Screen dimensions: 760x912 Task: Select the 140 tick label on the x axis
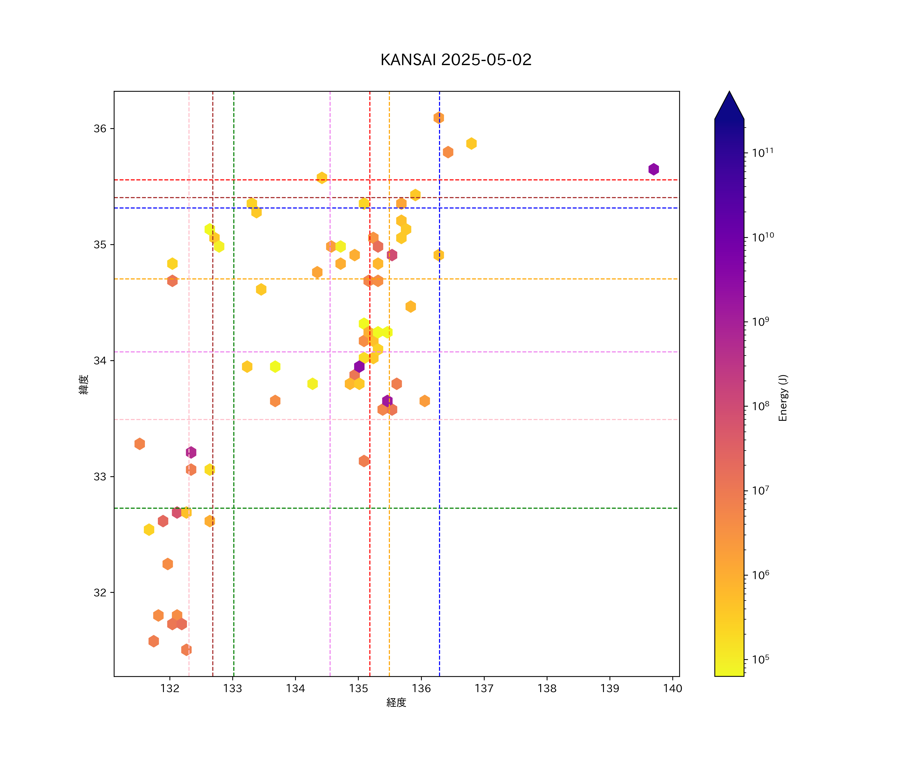coord(673,688)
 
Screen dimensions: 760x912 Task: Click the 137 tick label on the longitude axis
coord(484,688)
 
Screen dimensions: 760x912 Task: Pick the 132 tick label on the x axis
coord(170,688)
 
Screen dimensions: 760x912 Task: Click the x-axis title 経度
coord(396,703)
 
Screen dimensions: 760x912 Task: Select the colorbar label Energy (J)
coord(783,398)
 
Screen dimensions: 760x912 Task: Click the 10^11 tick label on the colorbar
coord(763,153)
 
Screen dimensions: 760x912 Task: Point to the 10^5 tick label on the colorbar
coord(761,659)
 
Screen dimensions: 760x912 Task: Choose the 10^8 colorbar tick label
coord(761,406)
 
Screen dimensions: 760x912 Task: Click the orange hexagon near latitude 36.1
coord(439,118)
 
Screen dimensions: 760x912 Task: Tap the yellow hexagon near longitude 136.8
coord(471,143)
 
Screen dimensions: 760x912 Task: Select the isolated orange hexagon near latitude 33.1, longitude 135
coord(364,461)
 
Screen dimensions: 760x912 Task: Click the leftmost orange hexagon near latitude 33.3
coord(139,444)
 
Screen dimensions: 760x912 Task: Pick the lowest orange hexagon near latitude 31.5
coord(186,650)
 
